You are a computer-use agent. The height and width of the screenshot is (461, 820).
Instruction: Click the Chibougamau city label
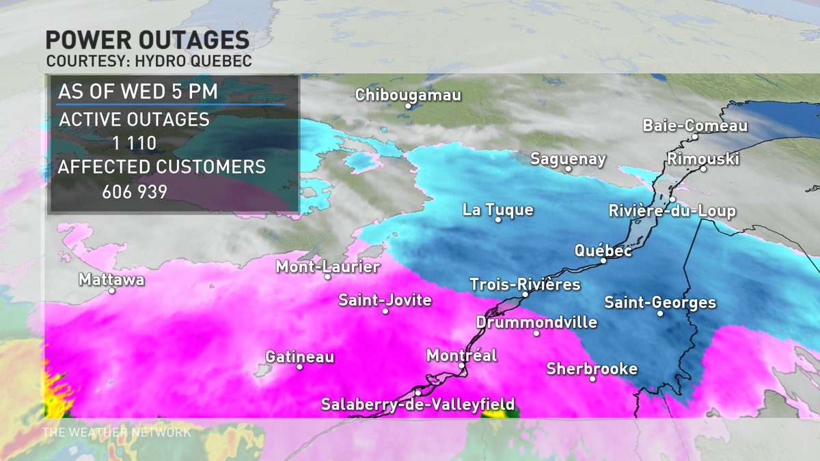(x=409, y=95)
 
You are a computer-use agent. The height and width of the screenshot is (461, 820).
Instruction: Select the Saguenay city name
(x=569, y=159)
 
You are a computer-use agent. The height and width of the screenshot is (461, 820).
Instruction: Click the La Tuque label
(x=497, y=210)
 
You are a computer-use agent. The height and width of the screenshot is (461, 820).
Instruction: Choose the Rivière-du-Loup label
(x=672, y=211)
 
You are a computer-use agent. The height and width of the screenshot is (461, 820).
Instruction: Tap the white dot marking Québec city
(x=603, y=260)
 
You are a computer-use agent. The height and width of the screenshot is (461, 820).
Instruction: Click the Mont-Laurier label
(x=327, y=266)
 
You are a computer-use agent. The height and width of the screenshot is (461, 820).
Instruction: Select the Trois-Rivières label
(x=525, y=284)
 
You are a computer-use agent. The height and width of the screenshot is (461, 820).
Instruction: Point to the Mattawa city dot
(x=112, y=291)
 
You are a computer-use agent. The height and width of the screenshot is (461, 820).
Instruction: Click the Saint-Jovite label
(x=385, y=300)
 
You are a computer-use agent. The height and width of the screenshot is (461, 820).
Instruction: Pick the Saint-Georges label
(x=660, y=302)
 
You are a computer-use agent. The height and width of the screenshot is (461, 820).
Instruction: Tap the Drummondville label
(x=536, y=322)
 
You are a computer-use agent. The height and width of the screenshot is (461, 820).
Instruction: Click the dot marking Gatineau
(x=299, y=367)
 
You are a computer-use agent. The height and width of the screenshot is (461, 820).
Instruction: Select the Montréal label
(x=461, y=355)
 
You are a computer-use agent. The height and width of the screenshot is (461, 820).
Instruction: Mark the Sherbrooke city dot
(x=592, y=378)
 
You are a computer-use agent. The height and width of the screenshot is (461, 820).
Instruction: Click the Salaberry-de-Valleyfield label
(x=418, y=404)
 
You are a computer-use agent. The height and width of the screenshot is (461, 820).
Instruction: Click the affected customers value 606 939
(x=135, y=192)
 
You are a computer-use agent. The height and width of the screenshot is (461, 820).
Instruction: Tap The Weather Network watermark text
(x=117, y=432)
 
